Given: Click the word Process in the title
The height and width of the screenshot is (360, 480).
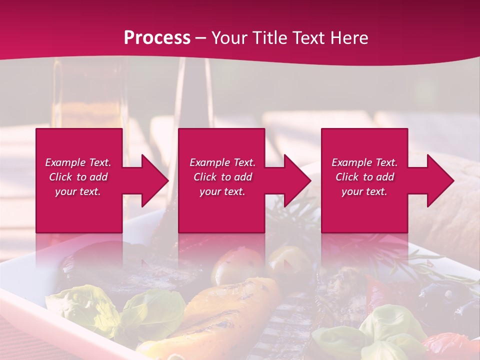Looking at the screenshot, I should [157, 38].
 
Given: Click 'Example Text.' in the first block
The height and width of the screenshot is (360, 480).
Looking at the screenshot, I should [78, 162].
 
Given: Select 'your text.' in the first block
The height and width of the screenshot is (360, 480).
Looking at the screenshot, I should [78, 191].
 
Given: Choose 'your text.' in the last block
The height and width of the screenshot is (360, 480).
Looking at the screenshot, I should [364, 191].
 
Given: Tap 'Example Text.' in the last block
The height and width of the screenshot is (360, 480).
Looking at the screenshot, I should [364, 162].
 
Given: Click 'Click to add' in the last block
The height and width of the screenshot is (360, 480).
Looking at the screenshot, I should [364, 177].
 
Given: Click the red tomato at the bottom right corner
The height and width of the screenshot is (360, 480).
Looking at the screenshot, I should [450, 345].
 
